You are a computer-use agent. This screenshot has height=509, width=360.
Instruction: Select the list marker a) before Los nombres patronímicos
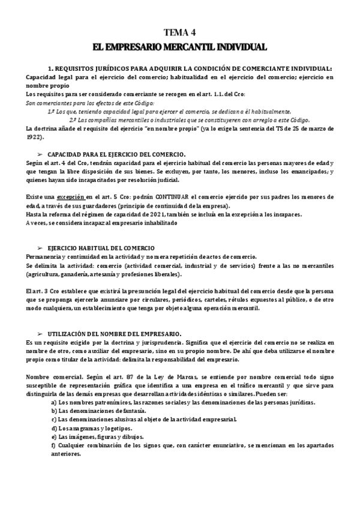(x=54, y=402)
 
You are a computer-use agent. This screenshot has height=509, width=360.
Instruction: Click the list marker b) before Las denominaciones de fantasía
(x=54, y=410)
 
